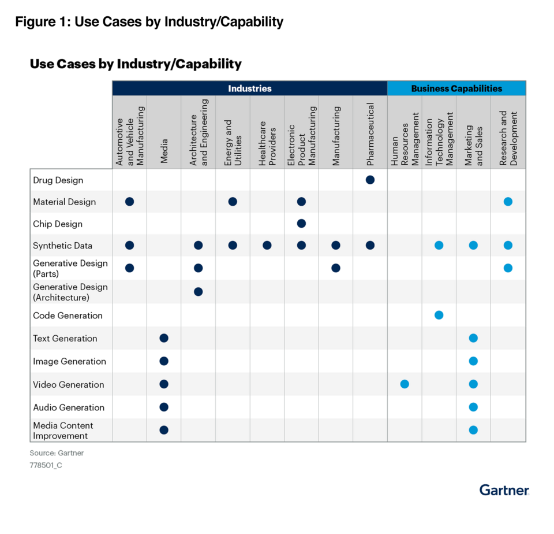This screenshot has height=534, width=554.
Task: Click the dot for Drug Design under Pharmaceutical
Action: pos(370,180)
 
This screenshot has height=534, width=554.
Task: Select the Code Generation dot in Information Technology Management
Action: pos(439,315)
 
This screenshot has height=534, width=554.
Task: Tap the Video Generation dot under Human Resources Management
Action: pos(405,384)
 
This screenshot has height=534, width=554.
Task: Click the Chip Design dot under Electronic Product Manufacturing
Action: pos(301,224)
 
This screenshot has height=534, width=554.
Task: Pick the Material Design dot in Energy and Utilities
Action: pos(233,202)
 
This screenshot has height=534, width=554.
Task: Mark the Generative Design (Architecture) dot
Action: pos(198,292)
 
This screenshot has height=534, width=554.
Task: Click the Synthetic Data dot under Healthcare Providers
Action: pos(267,246)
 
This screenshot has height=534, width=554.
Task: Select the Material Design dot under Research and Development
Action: pos(508,202)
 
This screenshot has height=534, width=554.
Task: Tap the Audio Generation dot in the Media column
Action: pos(164,407)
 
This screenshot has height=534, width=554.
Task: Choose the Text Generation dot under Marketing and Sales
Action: pos(473,338)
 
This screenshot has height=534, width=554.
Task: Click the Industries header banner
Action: pos(249,88)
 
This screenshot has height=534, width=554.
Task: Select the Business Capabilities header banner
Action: pos(456,88)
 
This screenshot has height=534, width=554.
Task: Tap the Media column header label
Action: pos(164,150)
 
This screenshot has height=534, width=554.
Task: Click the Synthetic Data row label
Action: pos(62,246)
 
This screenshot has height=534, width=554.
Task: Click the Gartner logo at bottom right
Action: pos(504,490)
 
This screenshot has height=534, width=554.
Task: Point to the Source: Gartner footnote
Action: pos(57,453)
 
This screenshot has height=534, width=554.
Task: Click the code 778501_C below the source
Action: pos(46,465)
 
